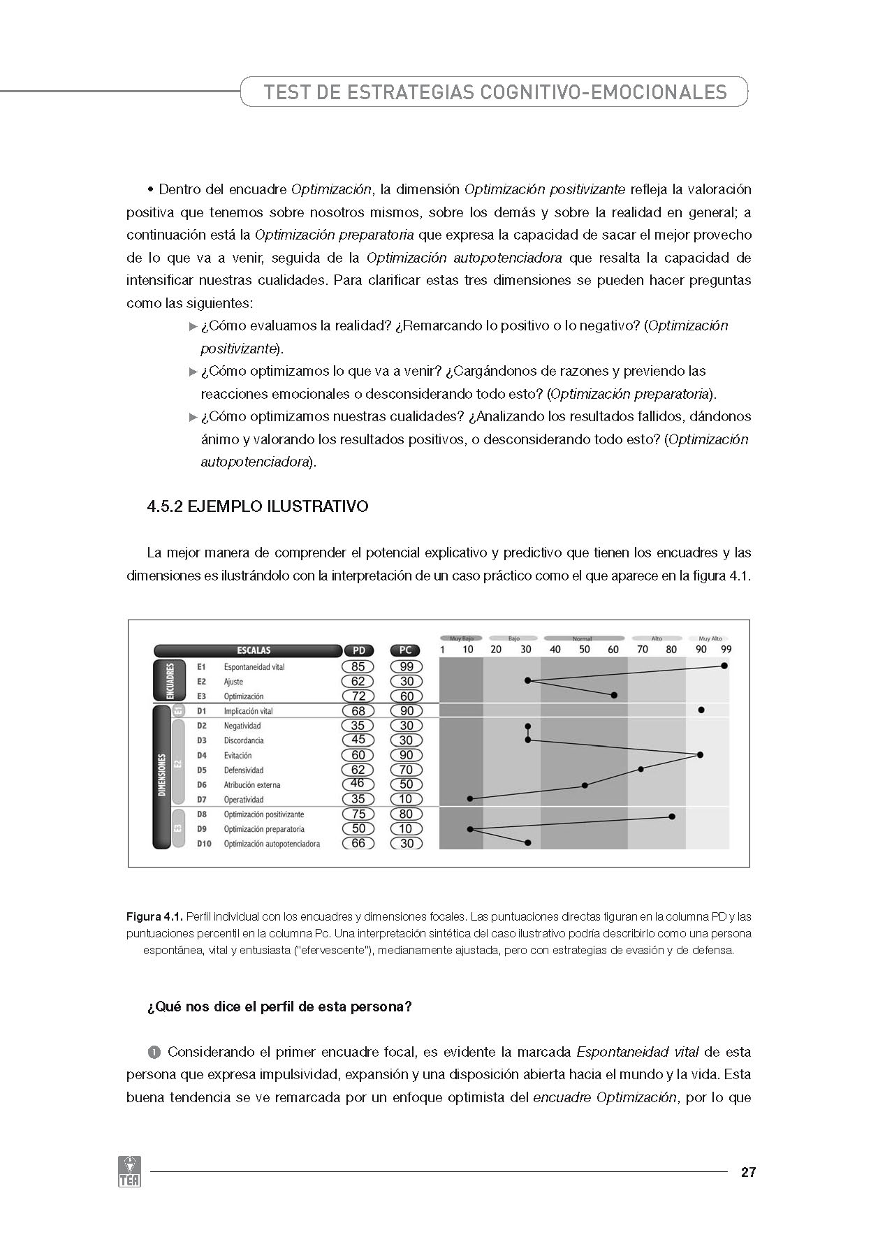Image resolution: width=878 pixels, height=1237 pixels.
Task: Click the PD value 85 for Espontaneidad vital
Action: click(x=358, y=666)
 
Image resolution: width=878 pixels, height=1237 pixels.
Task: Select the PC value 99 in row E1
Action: click(x=407, y=666)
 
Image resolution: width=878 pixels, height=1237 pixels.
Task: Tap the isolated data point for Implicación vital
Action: click(x=701, y=710)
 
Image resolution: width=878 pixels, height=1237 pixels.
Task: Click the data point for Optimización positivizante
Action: click(x=672, y=816)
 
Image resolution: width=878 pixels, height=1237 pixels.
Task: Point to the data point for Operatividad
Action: click(x=470, y=798)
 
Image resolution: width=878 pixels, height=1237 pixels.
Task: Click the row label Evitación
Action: click(x=237, y=755)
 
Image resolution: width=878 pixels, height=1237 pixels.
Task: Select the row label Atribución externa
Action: click(x=251, y=784)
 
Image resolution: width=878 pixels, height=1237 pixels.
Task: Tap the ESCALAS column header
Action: click(x=248, y=650)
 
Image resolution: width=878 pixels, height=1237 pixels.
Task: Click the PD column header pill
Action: click(x=358, y=650)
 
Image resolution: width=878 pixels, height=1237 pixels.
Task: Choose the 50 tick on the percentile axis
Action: click(x=585, y=650)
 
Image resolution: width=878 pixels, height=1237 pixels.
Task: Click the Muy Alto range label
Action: click(x=710, y=638)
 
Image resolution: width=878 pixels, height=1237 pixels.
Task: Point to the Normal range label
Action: click(x=582, y=638)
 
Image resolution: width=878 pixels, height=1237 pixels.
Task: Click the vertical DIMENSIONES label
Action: click(x=161, y=775)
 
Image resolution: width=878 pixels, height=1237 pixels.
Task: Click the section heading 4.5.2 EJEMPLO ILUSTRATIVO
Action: click(x=257, y=506)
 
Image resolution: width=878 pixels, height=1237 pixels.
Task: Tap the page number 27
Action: click(x=748, y=1173)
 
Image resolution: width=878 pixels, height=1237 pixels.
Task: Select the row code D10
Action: click(x=204, y=844)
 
